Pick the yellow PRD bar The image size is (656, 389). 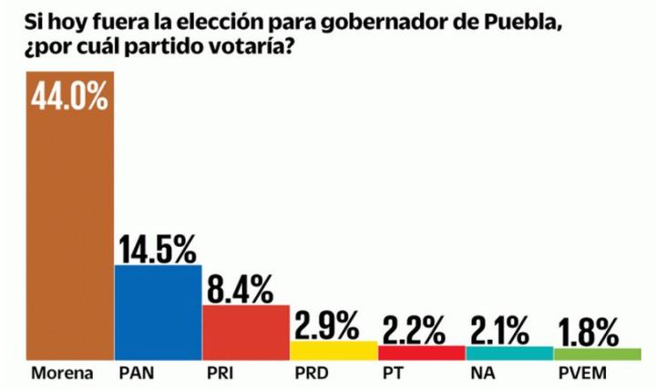[x=333, y=351]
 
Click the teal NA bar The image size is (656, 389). [x=509, y=353]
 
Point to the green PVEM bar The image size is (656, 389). [x=597, y=353]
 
